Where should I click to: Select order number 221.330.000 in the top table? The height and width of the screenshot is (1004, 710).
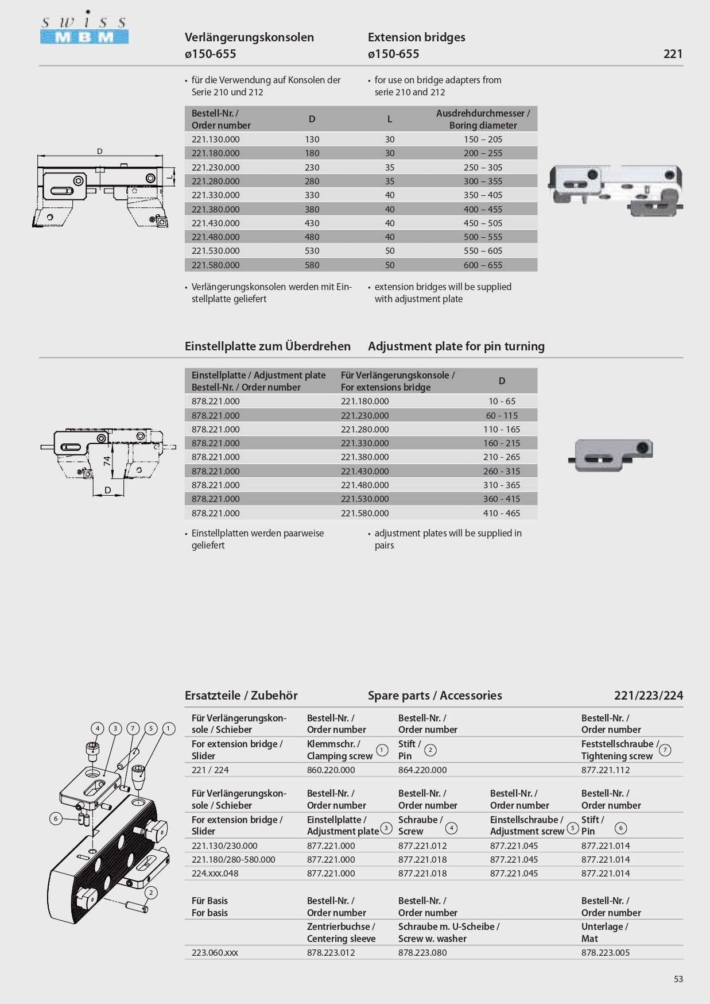click(x=216, y=195)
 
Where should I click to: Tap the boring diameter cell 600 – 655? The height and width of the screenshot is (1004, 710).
click(x=483, y=265)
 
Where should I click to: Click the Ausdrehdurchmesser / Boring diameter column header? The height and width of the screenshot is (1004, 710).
click(x=483, y=119)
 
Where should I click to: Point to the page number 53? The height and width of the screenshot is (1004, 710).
click(x=678, y=979)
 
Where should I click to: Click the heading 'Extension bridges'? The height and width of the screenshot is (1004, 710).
click(x=416, y=37)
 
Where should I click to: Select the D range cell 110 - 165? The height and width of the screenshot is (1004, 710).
click(x=501, y=429)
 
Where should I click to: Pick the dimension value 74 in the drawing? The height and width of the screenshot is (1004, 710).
click(x=107, y=460)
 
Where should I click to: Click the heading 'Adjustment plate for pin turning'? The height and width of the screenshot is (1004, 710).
click(x=456, y=346)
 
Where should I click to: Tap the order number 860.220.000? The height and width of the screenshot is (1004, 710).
click(x=331, y=770)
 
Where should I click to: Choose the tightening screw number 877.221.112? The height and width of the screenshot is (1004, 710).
click(x=605, y=770)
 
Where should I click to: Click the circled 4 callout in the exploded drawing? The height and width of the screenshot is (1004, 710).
click(x=98, y=728)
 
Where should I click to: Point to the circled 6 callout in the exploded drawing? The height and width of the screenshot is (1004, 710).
click(x=56, y=818)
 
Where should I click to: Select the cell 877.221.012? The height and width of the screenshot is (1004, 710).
click(x=422, y=845)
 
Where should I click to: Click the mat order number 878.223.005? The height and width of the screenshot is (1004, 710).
click(x=605, y=952)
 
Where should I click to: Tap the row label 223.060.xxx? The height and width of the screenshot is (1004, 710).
click(x=215, y=952)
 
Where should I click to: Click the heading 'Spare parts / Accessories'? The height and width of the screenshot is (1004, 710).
click(x=434, y=696)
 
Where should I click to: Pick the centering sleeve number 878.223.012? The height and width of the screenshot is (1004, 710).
click(x=331, y=952)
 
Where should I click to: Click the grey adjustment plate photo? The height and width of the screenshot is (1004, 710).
click(x=612, y=454)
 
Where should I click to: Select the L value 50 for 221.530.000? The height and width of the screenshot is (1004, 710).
click(x=390, y=251)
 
